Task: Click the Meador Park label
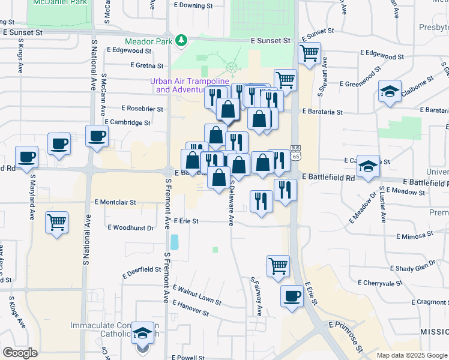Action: tap(149, 41)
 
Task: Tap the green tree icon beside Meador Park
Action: tap(181, 41)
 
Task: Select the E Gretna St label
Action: tap(144, 65)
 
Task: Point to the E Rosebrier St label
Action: tap(142, 109)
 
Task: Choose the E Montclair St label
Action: tap(115, 203)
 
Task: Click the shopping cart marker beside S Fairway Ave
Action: tap(278, 265)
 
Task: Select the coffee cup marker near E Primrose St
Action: tap(292, 295)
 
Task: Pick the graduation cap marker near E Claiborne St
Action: tap(390, 91)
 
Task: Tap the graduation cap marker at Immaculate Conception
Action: tap(143, 333)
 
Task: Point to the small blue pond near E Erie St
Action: tap(175, 242)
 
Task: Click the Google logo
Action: tap(20, 353)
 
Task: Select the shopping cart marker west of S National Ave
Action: tap(56, 223)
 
